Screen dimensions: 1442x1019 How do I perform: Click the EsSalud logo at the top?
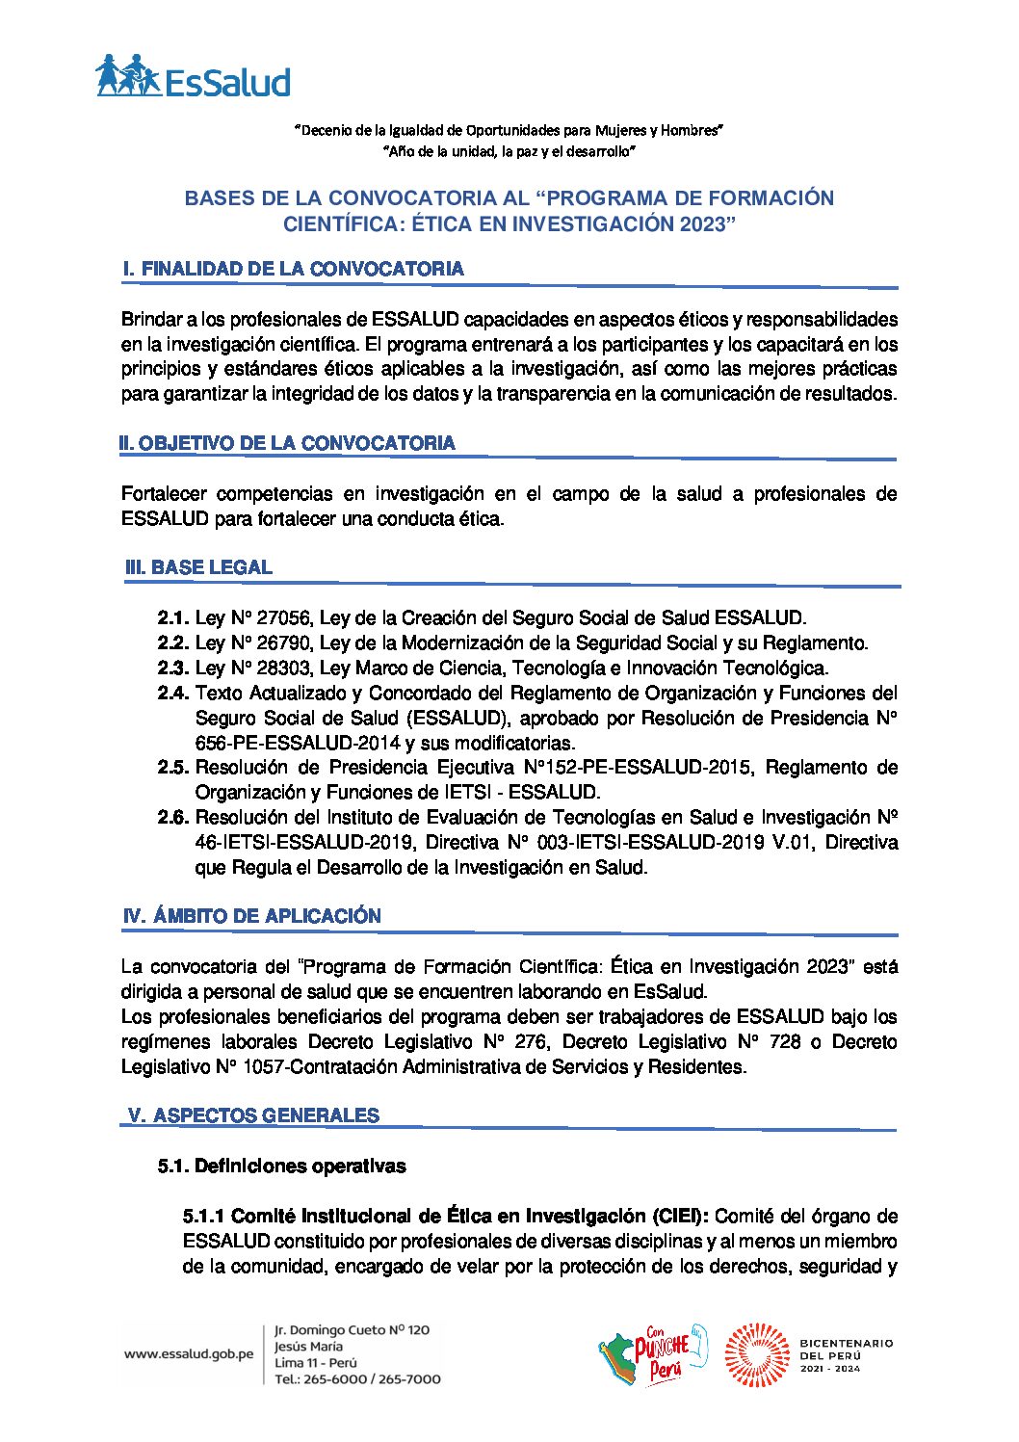pyautogui.click(x=193, y=76)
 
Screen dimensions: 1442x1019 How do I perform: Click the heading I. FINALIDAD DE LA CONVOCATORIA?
pyautogui.click(x=294, y=269)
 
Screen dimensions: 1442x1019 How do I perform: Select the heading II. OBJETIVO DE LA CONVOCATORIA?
pyautogui.click(x=287, y=443)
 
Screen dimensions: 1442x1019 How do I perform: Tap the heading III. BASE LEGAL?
pyautogui.click(x=199, y=567)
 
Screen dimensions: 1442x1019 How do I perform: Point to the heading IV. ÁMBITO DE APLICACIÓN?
pyautogui.click(x=252, y=916)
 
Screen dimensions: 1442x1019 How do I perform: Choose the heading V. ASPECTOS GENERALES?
pyautogui.click(x=254, y=1115)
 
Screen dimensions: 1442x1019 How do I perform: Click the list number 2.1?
pyautogui.click(x=173, y=618)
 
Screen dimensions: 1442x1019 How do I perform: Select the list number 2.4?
pyautogui.click(x=173, y=694)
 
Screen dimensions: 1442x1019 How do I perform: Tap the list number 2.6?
pyautogui.click(x=173, y=818)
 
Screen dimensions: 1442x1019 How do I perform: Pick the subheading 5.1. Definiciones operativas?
pyautogui.click(x=281, y=1167)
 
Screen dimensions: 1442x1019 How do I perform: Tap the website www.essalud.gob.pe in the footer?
pyautogui.click(x=189, y=1353)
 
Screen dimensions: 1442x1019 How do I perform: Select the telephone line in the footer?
pyautogui.click(x=357, y=1378)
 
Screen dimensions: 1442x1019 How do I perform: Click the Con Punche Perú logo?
pyautogui.click(x=652, y=1353)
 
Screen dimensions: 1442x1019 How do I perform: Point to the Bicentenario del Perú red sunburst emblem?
pyautogui.click(x=756, y=1354)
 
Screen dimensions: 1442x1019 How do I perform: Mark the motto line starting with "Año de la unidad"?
pyautogui.click(x=509, y=152)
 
